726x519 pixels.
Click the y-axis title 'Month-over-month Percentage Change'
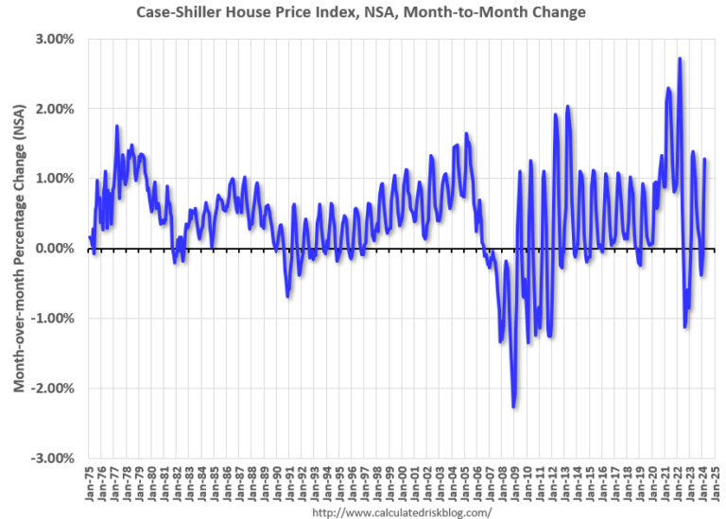pyautogui.click(x=19, y=247)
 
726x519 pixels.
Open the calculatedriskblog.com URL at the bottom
pyautogui.click(x=401, y=511)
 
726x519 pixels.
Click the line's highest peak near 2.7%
pyautogui.click(x=680, y=59)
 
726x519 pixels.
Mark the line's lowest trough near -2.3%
pyautogui.click(x=513, y=407)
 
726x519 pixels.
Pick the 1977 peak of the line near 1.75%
pyautogui.click(x=117, y=126)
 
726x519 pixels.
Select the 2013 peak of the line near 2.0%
pyautogui.click(x=568, y=107)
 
